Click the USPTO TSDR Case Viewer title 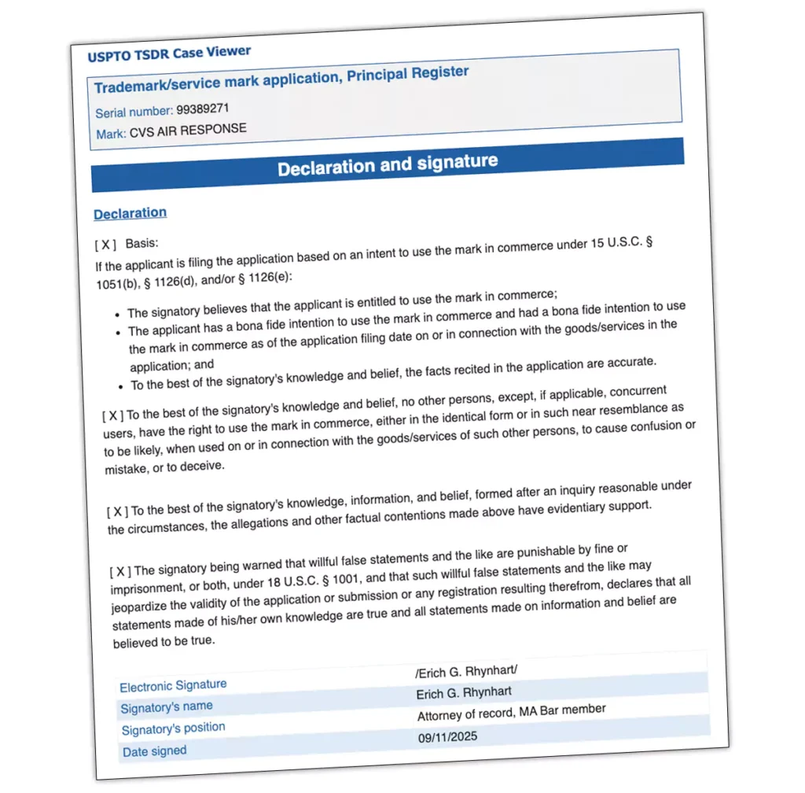click(x=169, y=54)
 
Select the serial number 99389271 click(x=203, y=109)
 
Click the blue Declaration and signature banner click(x=388, y=165)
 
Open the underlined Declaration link click(x=130, y=213)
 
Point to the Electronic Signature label click(x=173, y=686)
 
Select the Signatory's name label click(x=167, y=707)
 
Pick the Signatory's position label click(x=174, y=728)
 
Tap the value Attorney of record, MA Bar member click(x=511, y=713)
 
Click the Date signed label click(x=155, y=751)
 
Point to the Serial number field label click(x=134, y=112)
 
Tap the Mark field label click(x=110, y=135)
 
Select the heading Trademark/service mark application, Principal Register click(x=281, y=79)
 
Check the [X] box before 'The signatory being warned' click(x=120, y=571)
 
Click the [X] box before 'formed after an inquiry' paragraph click(x=118, y=511)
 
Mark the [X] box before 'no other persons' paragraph click(x=113, y=415)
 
